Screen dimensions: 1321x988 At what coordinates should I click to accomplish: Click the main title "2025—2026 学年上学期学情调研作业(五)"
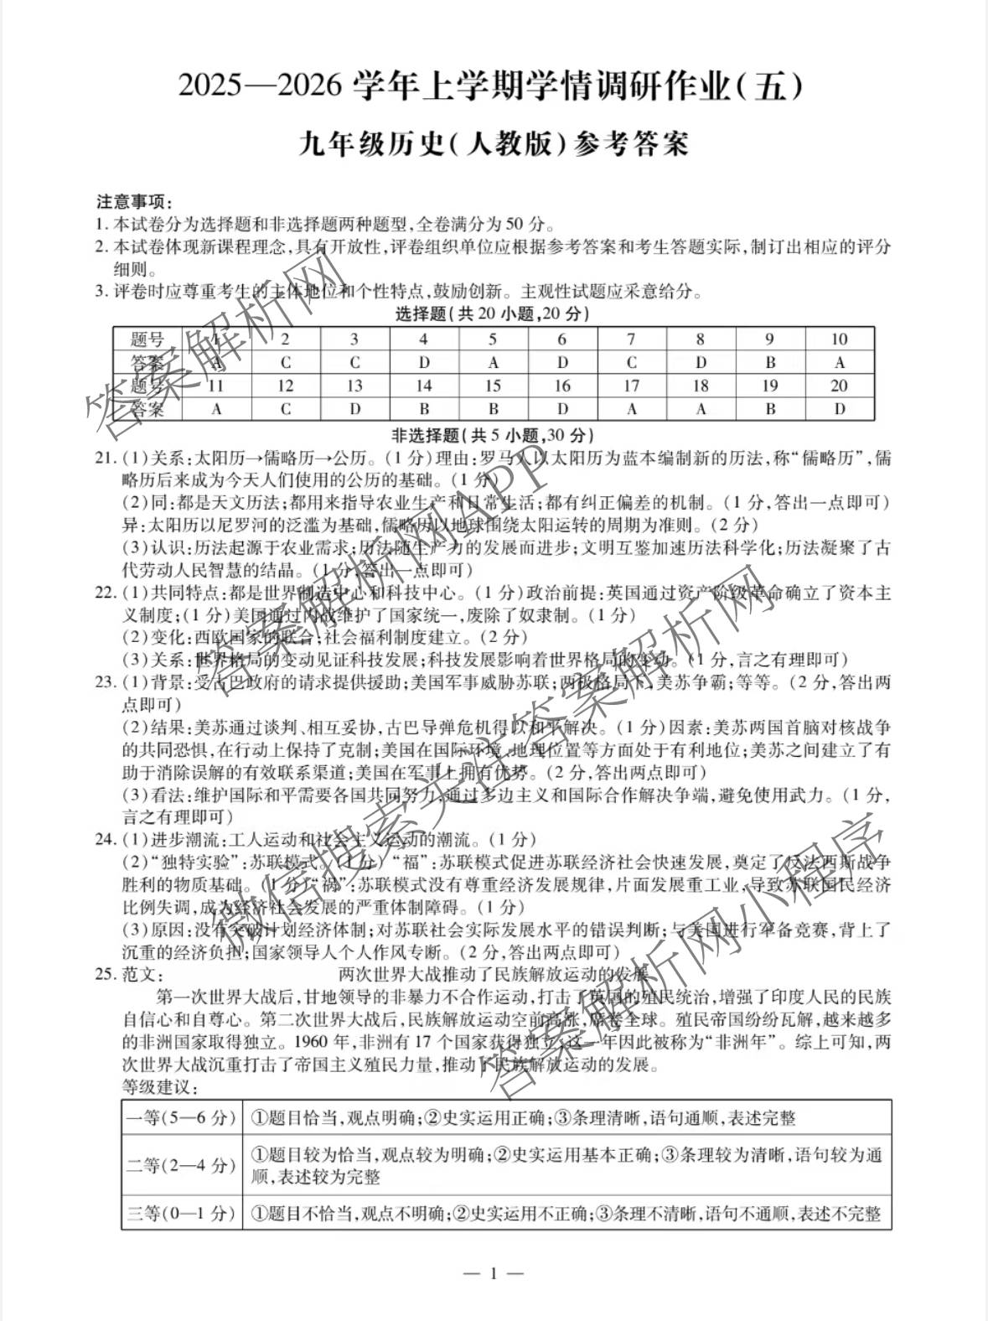click(494, 88)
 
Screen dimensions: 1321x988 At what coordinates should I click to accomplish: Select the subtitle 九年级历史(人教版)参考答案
click(494, 145)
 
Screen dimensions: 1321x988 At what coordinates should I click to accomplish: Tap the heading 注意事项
click(133, 202)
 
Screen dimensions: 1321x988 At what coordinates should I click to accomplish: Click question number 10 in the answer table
click(839, 339)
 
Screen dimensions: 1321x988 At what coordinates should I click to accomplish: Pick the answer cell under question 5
click(493, 363)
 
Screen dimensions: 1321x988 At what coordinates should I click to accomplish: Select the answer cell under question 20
click(839, 409)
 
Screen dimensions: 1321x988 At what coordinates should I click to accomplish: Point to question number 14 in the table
click(424, 386)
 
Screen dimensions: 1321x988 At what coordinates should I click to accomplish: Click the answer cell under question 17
click(631, 409)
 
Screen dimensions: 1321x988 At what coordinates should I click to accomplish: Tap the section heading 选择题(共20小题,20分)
click(493, 314)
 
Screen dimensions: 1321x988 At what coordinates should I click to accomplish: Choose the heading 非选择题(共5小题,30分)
click(493, 435)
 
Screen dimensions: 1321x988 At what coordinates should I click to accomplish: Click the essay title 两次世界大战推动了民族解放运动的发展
click(494, 974)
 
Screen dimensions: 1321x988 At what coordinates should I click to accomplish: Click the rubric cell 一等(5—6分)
click(182, 1118)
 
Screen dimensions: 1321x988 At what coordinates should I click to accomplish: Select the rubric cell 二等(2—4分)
click(182, 1165)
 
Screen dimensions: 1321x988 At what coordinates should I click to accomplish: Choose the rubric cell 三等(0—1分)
click(182, 1213)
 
